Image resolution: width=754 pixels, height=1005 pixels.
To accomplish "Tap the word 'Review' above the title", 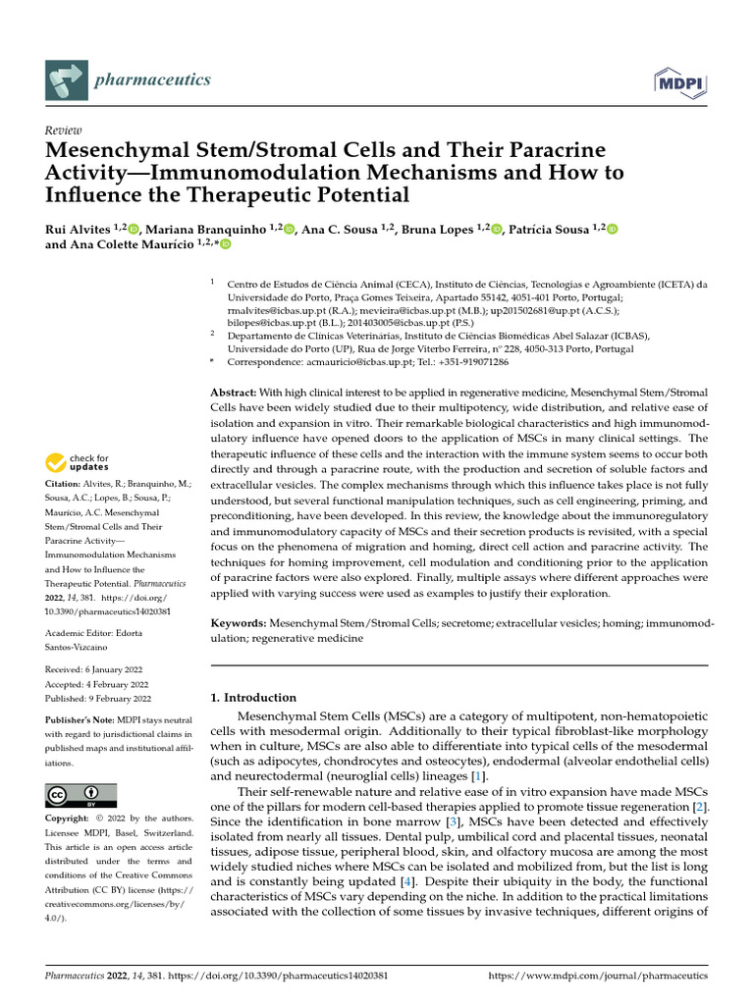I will pyautogui.click(x=63, y=130).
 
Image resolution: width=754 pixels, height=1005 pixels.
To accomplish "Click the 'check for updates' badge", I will pyautogui.click(x=78, y=462).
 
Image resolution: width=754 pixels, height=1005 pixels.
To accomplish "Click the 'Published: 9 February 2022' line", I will pyautogui.click(x=98, y=699).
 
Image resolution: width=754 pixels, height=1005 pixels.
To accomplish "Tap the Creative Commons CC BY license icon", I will pyautogui.click(x=81, y=794).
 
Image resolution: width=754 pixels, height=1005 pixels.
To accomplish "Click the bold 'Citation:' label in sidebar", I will pyautogui.click(x=65, y=484).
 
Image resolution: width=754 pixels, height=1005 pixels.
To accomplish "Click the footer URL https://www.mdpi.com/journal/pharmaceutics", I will pyautogui.click(x=597, y=977).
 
